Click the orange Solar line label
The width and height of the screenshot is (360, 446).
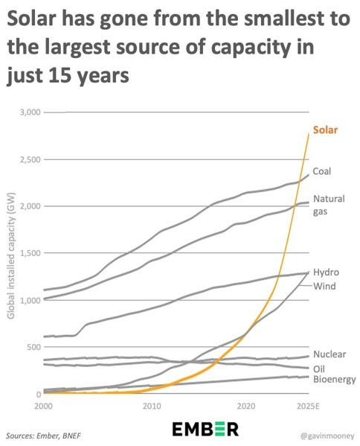[325, 130]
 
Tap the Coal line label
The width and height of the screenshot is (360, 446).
[322, 171]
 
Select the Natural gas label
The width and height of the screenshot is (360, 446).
[329, 205]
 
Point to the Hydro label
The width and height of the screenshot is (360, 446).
[327, 273]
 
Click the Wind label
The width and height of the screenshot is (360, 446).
[324, 286]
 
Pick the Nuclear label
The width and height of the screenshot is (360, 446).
[330, 354]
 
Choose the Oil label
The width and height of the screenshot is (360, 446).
[319, 369]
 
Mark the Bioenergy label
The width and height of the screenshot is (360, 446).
[335, 379]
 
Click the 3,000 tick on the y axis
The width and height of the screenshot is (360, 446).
[30, 112]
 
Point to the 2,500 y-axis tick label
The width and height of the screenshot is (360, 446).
[30, 159]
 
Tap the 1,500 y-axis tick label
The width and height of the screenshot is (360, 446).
[30, 253]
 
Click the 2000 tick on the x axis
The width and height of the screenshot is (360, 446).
[43, 406]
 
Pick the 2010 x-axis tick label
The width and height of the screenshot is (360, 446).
[152, 406]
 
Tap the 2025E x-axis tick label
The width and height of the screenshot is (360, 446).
[308, 406]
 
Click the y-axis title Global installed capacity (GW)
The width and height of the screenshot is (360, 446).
[10, 255]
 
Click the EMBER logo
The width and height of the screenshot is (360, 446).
[205, 429]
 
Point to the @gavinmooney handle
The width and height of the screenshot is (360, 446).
[327, 436]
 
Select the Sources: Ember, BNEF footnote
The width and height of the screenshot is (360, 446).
[43, 436]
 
